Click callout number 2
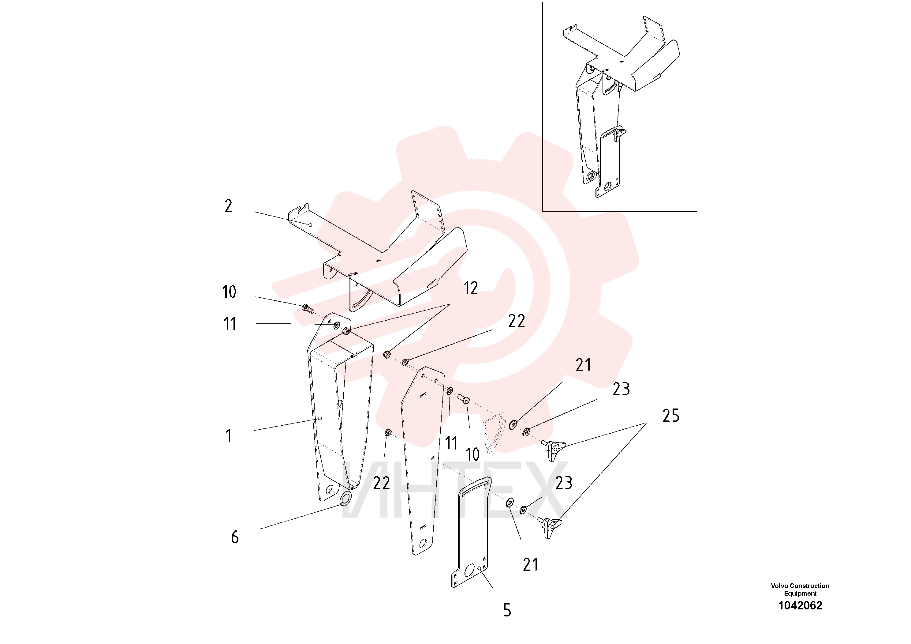point(228,206)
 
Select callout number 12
point(471,288)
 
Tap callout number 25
point(671,416)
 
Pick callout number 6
point(235,537)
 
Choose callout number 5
point(507,610)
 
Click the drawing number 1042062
point(800,605)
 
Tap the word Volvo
point(779,586)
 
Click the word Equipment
point(800,593)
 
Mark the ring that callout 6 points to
point(346,499)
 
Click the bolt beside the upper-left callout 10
point(308,307)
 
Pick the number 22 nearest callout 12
point(516,321)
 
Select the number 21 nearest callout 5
point(531,565)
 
